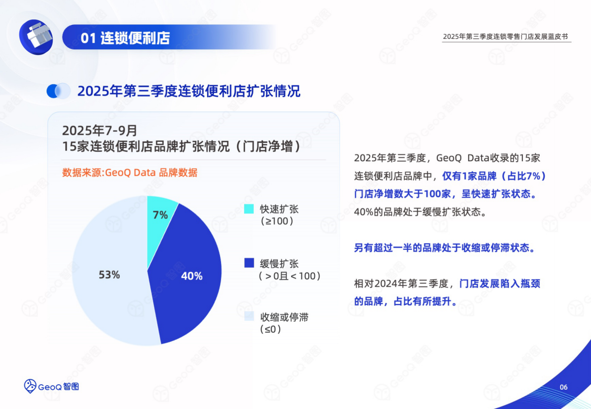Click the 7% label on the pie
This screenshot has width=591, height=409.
coord(160,215)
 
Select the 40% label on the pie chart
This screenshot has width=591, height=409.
coord(192,276)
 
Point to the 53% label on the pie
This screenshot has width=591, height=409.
coord(109,275)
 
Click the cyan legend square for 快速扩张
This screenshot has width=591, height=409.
coord(249,209)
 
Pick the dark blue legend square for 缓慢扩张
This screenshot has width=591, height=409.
coord(249,263)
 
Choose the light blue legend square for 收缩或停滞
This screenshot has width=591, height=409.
coord(249,317)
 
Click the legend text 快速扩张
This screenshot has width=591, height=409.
coord(279,209)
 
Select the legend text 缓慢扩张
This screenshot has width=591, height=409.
coord(279,263)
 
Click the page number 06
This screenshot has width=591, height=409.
coord(563,388)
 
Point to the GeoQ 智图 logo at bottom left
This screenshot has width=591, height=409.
coord(52,386)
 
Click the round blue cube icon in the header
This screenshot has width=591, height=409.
coord(36,37)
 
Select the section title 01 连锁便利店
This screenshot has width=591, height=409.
coord(125,38)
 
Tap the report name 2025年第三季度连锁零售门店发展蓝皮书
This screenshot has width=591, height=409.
coord(506,37)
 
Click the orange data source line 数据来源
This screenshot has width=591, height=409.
coord(130,173)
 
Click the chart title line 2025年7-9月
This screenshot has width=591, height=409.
coord(99,130)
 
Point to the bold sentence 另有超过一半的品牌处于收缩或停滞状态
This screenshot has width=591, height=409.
coord(444,248)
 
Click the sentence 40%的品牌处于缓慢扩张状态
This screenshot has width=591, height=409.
coord(419,211)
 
